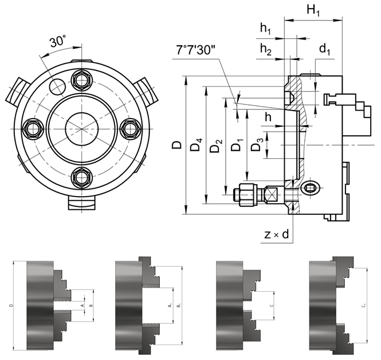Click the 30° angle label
click(58, 42)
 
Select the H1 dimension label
click(313, 10)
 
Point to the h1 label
click(266, 29)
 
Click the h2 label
click(266, 49)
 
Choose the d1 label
click(325, 51)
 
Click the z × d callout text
click(277, 234)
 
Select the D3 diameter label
click(259, 144)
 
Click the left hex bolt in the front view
click(31, 128)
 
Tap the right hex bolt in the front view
click(131, 128)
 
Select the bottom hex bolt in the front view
click(81, 178)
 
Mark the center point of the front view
click(81, 128)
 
